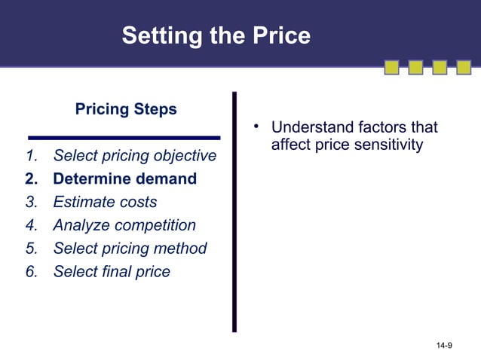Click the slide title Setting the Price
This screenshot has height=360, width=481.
pyautogui.click(x=216, y=35)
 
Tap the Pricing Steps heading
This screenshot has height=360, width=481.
pyautogui.click(x=126, y=109)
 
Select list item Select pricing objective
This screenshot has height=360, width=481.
pyautogui.click(x=134, y=157)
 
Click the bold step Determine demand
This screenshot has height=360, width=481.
pyautogui.click(x=124, y=179)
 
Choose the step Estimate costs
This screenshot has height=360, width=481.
pyautogui.click(x=105, y=202)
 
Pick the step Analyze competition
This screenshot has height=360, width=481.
pyautogui.click(x=124, y=225)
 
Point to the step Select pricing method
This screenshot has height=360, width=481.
pyautogui.click(x=130, y=249)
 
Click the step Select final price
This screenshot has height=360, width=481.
pyautogui.click(x=112, y=271)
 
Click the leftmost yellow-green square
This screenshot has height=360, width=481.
pyautogui.click(x=391, y=69)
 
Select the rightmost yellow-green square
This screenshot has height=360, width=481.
pyautogui.click(x=463, y=69)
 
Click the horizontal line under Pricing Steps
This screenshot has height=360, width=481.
pyautogui.click(x=124, y=138)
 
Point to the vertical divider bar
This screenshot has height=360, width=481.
pyautogui.click(x=234, y=212)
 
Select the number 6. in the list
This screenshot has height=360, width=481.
pyautogui.click(x=31, y=271)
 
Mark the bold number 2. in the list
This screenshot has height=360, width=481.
pyautogui.click(x=31, y=179)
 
